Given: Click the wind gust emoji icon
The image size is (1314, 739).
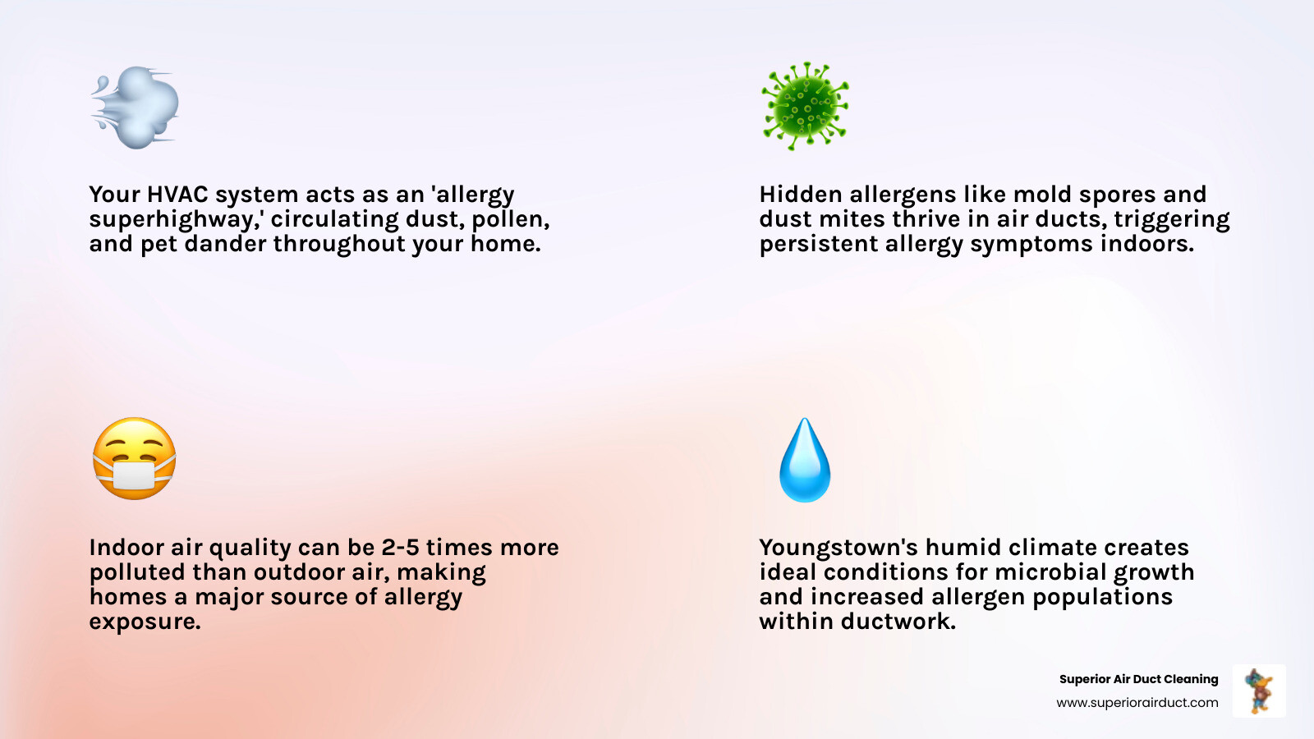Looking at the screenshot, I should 136,108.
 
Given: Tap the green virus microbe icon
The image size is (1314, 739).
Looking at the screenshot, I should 805,106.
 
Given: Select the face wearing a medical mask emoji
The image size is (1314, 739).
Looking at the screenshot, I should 135,459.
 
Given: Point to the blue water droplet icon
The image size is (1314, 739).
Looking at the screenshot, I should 805,461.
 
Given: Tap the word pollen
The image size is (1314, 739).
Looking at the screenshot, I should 510,220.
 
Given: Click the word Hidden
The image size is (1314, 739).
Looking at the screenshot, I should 801,195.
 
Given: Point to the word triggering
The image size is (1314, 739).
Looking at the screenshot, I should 1171,220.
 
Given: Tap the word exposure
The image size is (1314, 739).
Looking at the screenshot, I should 145,622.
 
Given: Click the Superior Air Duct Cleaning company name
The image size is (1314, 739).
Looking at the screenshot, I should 1138,679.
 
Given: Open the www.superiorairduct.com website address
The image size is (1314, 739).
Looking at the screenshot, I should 1137,703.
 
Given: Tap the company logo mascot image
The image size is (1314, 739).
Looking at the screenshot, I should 1259,691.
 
